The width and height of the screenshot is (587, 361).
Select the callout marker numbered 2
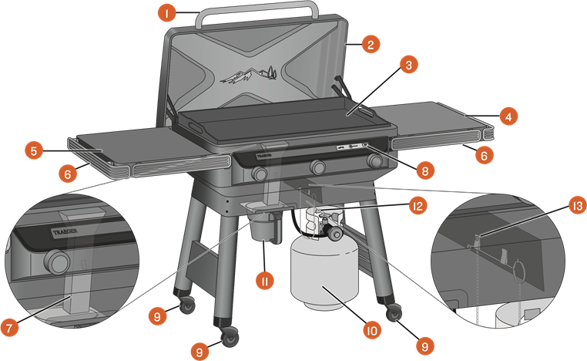coord(370,44)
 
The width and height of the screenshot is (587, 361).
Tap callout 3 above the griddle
coord(410,65)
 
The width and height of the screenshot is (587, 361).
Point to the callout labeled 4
coord(507,117)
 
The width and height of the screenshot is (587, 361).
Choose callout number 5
coord(32,150)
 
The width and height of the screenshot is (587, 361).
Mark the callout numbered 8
coord(422,170)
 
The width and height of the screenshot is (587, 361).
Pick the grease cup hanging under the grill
coord(264,229)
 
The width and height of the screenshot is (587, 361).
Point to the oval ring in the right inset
coord(519,271)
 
